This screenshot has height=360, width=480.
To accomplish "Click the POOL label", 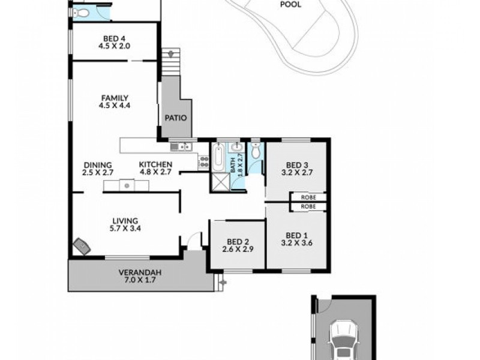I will [x=291, y=5].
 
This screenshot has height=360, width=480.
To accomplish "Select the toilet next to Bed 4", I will [x=83, y=13].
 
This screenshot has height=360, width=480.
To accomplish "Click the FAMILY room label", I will [x=115, y=98].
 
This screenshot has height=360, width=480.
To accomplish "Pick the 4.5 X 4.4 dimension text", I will [x=115, y=106].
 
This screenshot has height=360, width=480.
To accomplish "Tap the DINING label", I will [x=97, y=165].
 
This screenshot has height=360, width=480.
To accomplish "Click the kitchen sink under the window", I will [x=180, y=146].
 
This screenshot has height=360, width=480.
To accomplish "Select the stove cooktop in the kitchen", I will [x=203, y=160].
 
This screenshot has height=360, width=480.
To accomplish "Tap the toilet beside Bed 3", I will [x=257, y=152].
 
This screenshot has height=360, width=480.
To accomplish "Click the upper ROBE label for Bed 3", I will [x=308, y=197].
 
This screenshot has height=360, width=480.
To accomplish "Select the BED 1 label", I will [x=297, y=235].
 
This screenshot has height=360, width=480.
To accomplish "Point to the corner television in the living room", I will [x=81, y=247].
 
